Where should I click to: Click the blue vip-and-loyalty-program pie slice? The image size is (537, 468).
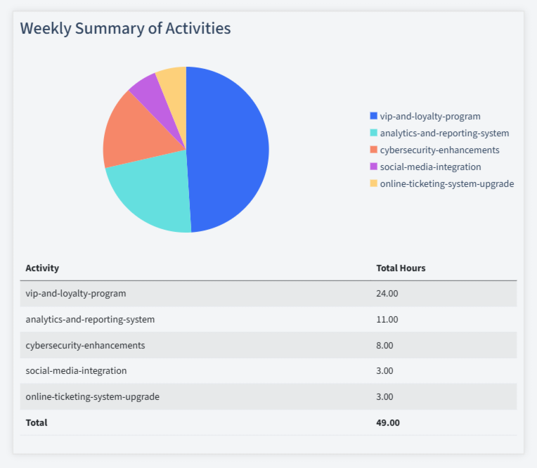[x=228, y=148]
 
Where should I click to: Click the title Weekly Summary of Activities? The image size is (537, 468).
[x=125, y=28]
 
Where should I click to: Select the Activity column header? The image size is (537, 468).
[x=42, y=268]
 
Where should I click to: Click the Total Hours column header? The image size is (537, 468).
[x=401, y=268]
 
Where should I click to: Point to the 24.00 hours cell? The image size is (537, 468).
[x=387, y=293]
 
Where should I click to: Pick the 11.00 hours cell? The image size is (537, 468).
[x=387, y=319]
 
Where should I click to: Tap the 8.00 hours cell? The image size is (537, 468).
[x=385, y=345]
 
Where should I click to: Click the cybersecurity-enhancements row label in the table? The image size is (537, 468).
[x=85, y=345]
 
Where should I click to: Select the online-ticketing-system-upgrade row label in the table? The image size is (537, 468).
[x=92, y=396]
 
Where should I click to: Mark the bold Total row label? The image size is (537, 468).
[x=37, y=422]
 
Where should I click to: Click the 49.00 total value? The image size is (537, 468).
[x=388, y=422]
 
